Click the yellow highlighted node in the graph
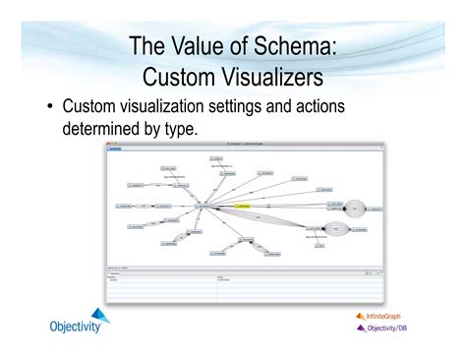(x=242, y=207)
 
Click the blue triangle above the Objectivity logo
(x=99, y=314)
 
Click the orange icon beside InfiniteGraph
(x=361, y=317)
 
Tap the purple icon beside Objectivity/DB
(x=361, y=329)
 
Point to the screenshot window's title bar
(x=246, y=145)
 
